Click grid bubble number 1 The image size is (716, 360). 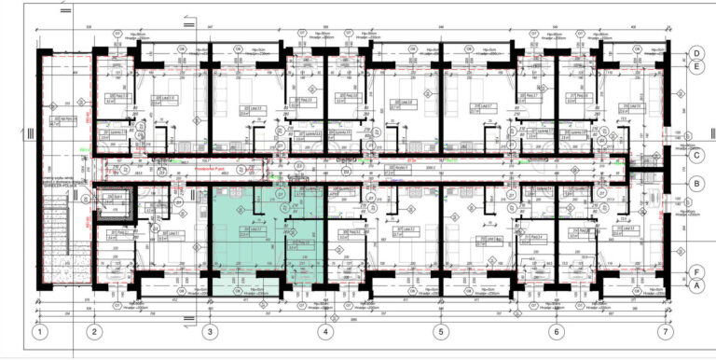click(39, 331)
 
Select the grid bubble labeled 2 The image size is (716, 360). click(93, 331)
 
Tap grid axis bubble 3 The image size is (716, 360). click(209, 331)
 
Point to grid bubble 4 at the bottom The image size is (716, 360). click(325, 331)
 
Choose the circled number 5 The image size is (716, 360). click(440, 331)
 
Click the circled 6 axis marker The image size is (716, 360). click(556, 331)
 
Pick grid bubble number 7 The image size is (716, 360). click(665, 331)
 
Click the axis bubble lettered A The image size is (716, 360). click(695, 286)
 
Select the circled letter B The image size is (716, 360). click(695, 184)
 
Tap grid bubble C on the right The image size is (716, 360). click(695, 156)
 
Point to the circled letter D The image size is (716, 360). click(695, 53)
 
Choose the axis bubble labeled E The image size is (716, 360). click(695, 66)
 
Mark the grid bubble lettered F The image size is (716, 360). click(695, 272)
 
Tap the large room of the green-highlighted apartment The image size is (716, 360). click(244, 233)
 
